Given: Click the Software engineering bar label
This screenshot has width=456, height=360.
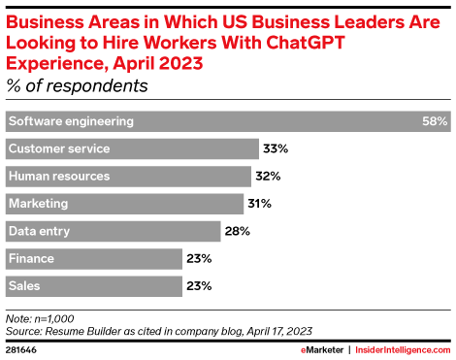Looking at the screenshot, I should click(70, 121).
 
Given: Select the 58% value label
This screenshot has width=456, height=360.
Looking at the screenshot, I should click(436, 121).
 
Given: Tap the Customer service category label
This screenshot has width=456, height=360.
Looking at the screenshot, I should click(58, 148).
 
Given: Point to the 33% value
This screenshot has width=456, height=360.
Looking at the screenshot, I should click(275, 148).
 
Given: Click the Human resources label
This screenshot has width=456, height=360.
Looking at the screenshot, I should click(58, 176).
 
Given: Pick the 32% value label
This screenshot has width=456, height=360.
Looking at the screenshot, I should click(267, 177).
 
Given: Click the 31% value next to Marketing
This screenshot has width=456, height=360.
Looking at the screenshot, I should click(258, 204).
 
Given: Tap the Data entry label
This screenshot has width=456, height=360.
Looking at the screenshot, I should click(38, 231).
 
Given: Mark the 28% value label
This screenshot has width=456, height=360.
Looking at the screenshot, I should click(238, 231).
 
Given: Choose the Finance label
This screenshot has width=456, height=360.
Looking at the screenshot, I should click(31, 258).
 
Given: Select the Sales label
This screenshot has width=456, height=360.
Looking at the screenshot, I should click(24, 286).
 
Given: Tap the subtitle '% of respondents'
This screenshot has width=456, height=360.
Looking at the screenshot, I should click(78, 85).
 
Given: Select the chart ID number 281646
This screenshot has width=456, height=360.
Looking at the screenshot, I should click(21, 348).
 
